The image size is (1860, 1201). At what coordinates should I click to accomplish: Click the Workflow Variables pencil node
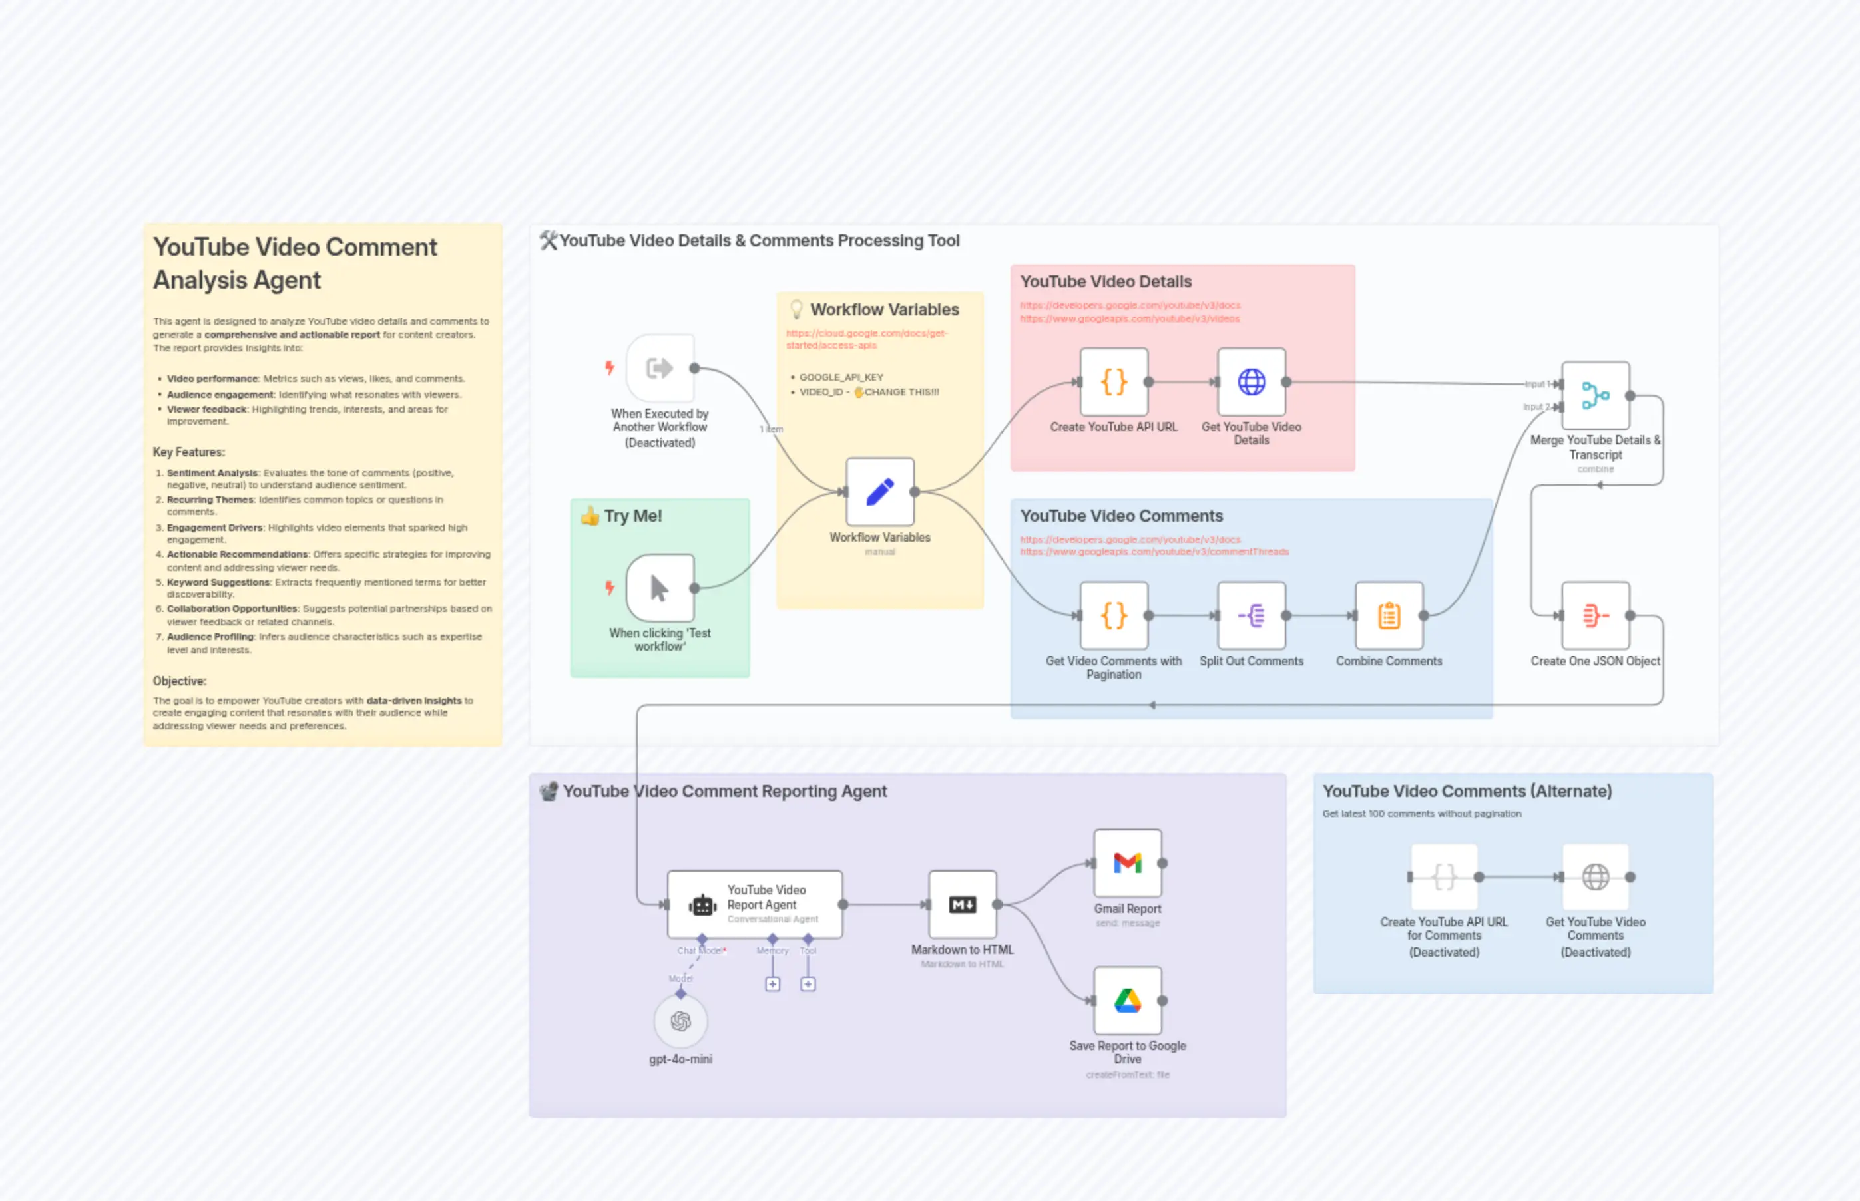880,492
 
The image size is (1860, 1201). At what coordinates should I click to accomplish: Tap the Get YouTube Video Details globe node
1252,382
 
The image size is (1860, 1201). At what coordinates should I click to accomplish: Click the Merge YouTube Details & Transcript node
1595,395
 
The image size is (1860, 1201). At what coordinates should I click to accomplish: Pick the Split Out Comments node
1252,616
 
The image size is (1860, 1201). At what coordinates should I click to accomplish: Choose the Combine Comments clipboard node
1389,616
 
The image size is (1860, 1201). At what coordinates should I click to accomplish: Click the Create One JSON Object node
1595,616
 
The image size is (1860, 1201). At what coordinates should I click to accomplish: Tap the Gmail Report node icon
1128,863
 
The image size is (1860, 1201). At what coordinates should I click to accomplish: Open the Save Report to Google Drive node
1128,1001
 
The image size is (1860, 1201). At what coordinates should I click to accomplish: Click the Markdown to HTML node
962,905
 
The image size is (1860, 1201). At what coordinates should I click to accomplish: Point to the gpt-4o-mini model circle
680,1021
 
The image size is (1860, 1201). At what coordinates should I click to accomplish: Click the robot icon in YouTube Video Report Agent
702,905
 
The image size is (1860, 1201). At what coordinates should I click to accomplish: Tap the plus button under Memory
772,984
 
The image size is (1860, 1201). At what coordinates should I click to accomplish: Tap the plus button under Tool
808,984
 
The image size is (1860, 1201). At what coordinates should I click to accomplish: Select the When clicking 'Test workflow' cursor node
660,588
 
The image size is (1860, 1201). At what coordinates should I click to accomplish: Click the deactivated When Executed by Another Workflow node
660,368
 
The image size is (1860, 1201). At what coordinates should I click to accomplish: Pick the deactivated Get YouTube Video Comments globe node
1596,878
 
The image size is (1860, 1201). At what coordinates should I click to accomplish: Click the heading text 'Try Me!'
632,516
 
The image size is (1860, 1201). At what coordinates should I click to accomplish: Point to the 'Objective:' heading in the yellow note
180,681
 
